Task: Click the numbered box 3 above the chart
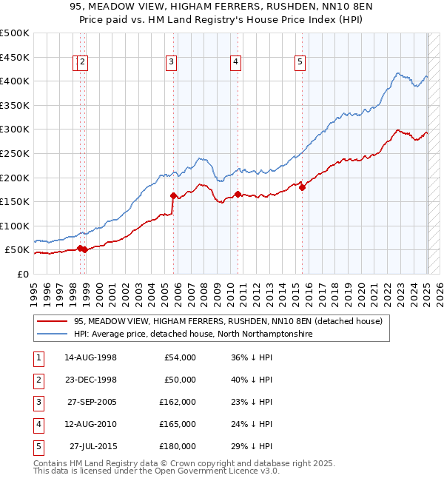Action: pos(171,63)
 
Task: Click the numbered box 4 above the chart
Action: pos(235,63)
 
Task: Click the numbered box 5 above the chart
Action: pos(300,63)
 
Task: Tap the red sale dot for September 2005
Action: pos(174,196)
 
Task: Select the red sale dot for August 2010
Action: pos(238,195)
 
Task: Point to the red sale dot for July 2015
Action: pos(302,187)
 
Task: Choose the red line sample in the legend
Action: pos(52,321)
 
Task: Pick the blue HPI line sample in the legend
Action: pos(52,334)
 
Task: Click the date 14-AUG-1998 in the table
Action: pos(90,357)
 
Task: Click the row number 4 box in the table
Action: pos(37,424)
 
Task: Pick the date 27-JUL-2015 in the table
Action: pos(93,446)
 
